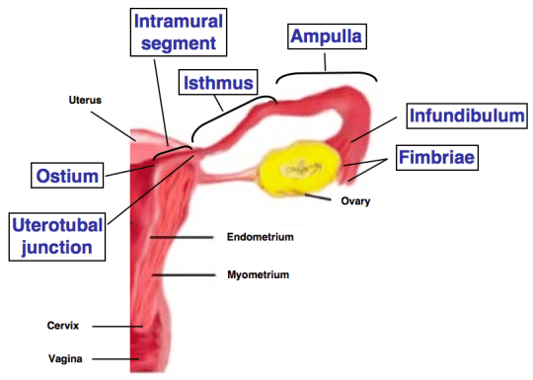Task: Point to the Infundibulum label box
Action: click(466, 116)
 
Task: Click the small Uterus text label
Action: click(86, 100)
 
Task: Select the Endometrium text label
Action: click(261, 237)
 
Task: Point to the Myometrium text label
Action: click(258, 275)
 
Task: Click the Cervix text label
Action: click(62, 325)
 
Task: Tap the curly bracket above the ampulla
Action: click(327, 73)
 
